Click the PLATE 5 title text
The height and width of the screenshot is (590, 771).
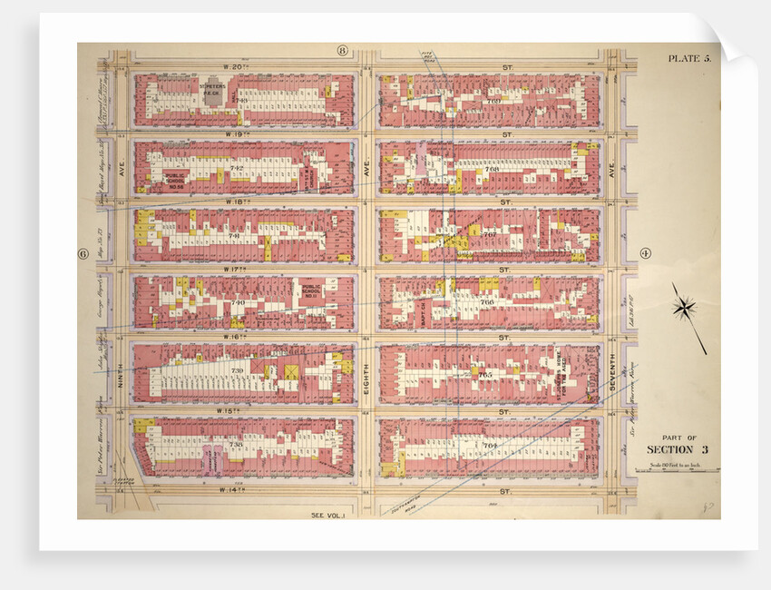[689, 59]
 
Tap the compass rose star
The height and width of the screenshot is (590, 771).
[685, 308]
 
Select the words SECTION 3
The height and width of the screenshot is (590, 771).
[678, 450]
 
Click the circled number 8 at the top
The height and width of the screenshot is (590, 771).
[343, 50]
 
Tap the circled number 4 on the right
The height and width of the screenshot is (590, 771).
[646, 253]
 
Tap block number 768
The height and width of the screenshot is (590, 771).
[491, 169]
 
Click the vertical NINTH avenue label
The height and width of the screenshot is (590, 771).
[118, 368]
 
